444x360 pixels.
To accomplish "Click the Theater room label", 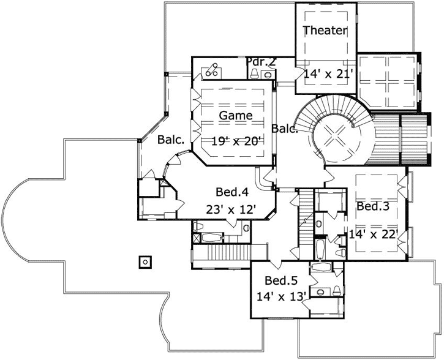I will [x=325, y=30].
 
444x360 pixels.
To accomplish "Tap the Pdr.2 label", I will [x=262, y=61].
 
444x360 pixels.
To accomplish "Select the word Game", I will [x=236, y=115].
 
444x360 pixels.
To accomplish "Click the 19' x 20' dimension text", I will [x=236, y=141].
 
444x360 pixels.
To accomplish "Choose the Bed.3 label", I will [x=374, y=206].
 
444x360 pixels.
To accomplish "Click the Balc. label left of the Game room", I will [x=171, y=140].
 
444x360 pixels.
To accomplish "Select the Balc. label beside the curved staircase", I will [x=285, y=129].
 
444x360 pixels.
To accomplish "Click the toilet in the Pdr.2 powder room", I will [x=254, y=73].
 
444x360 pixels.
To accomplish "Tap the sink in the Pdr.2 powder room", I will [x=266, y=74].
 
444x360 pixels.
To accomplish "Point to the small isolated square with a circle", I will [x=145, y=262].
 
